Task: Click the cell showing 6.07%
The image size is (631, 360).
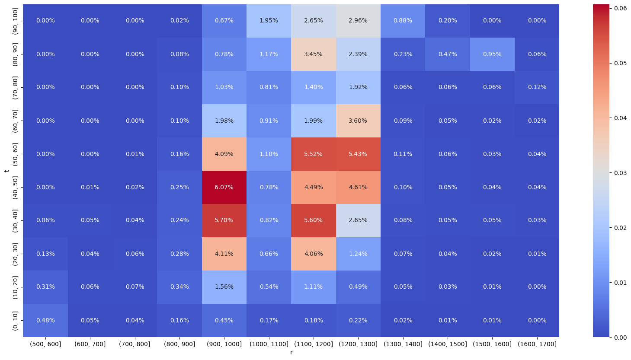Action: (x=224, y=187)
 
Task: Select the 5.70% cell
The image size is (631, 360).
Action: (x=224, y=220)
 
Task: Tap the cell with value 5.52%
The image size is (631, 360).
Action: (x=313, y=154)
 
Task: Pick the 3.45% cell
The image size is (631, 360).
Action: (x=313, y=54)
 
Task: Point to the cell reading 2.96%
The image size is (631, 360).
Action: (x=358, y=21)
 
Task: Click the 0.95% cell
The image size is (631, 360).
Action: (x=492, y=54)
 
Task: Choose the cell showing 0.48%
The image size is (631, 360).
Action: (x=45, y=320)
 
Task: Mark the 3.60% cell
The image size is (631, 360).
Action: (x=358, y=121)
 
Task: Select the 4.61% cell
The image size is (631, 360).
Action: (x=358, y=187)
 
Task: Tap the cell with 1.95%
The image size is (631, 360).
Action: (x=269, y=21)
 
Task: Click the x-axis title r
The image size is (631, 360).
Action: (x=291, y=353)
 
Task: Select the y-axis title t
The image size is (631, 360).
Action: (x=6, y=171)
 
